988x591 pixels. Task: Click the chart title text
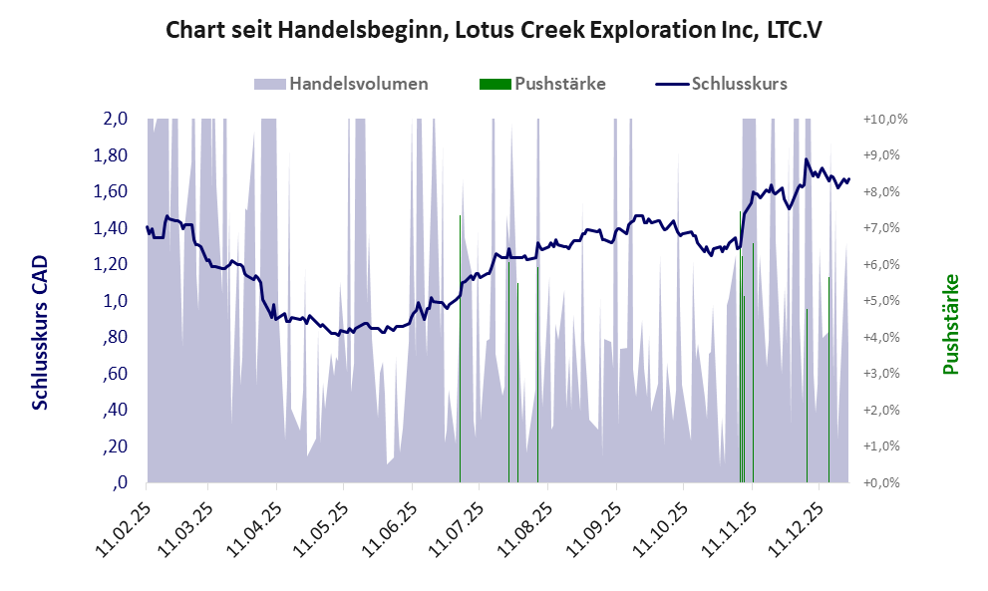pyautogui.click(x=493, y=30)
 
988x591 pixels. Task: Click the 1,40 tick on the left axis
pyautogui.click(x=111, y=228)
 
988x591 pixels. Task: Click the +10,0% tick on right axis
pyautogui.click(x=885, y=119)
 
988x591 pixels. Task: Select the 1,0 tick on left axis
pyautogui.click(x=115, y=301)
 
